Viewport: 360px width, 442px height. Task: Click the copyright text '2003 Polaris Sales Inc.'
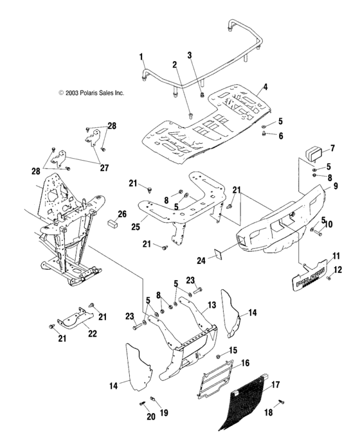(94, 93)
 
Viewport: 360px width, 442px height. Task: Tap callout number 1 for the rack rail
(141, 57)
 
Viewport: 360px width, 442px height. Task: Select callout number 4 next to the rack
(265, 87)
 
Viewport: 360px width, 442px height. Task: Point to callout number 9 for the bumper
(335, 186)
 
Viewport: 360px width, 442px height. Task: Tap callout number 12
(337, 270)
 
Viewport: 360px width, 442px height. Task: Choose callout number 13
(212, 305)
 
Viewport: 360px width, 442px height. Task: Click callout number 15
(233, 350)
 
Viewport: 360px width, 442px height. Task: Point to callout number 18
(269, 412)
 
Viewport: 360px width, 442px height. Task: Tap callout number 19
(164, 412)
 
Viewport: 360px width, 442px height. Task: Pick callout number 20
(151, 416)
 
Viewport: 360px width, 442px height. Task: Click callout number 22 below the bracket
(93, 333)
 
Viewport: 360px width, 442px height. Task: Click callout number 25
(136, 226)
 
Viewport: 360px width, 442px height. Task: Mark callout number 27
(104, 168)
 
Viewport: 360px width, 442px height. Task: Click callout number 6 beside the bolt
(281, 136)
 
